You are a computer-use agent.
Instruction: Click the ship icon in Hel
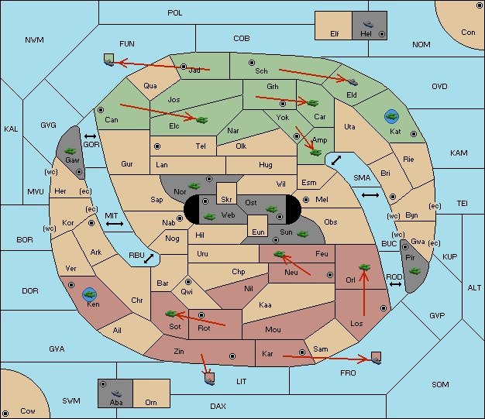tap(368, 24)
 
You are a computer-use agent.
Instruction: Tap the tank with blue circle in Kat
tap(391, 116)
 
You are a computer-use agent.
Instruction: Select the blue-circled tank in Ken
tap(90, 294)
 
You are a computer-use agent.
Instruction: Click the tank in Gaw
tap(71, 151)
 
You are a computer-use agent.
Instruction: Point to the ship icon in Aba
tap(116, 393)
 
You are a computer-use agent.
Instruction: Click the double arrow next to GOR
tap(91, 136)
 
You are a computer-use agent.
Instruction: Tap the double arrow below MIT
tap(115, 224)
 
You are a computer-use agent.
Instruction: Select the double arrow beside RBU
tap(149, 259)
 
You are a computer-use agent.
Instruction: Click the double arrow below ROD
tap(395, 284)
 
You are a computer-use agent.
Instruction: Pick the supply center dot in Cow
tap(5, 414)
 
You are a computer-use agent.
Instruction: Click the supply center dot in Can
tap(101, 110)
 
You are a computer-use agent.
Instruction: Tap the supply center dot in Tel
tap(157, 146)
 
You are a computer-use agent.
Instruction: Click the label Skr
tap(226, 200)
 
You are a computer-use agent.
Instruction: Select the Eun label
tap(258, 232)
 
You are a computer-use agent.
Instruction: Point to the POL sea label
tap(175, 13)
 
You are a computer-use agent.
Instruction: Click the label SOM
tap(440, 384)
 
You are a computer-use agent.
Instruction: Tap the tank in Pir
tap(414, 271)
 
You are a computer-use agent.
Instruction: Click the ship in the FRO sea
tap(376, 361)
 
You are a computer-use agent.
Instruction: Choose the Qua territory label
tap(150, 86)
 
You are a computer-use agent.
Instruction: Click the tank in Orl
tap(364, 267)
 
